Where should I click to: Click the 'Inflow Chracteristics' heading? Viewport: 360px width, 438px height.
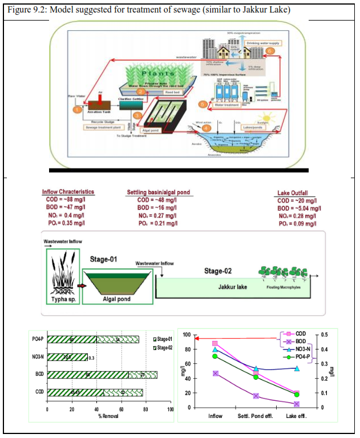click(68, 192)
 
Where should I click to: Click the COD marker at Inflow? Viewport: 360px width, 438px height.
click(215, 344)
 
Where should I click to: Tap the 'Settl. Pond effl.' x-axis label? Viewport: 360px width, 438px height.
click(256, 416)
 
